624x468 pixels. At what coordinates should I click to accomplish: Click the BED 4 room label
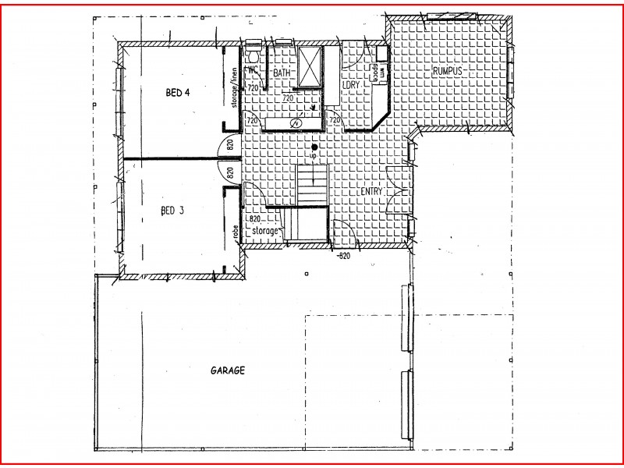point(178,93)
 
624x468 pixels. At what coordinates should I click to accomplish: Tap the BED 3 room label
point(172,211)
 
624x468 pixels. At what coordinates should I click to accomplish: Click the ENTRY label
point(371,191)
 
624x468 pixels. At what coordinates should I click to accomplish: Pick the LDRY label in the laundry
point(350,83)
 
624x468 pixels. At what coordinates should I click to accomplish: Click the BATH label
point(281,73)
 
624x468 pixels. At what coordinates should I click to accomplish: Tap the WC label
point(253,70)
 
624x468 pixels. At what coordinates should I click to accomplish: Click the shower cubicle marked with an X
point(309,62)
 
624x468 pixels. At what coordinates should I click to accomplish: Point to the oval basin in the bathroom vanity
point(296,123)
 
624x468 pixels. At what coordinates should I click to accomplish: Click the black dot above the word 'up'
point(314,147)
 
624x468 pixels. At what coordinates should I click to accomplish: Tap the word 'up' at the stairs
point(314,156)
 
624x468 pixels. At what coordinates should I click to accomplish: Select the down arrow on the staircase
point(314,176)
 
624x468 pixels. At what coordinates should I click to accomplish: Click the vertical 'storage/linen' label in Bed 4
point(233,87)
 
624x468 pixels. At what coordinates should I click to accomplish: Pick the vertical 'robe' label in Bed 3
point(234,231)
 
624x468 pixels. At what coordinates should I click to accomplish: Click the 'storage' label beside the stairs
point(265,232)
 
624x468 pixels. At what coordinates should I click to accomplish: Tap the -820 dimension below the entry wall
point(343,255)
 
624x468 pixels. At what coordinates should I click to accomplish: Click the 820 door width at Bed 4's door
point(231,144)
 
